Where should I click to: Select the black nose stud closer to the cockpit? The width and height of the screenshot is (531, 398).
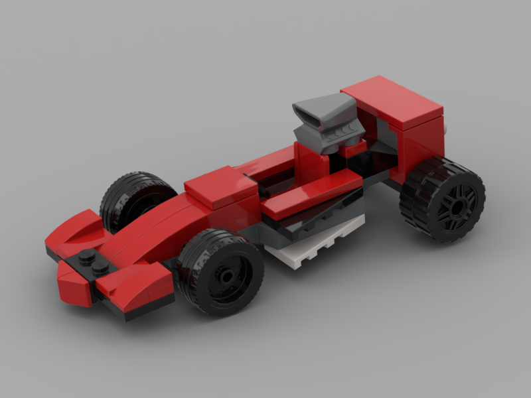tap(102, 267)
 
